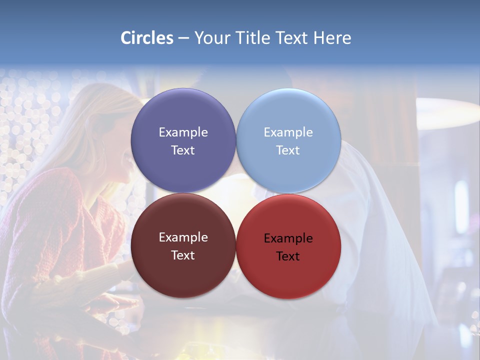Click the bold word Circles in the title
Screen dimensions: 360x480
(x=147, y=38)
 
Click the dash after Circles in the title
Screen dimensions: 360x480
(x=183, y=38)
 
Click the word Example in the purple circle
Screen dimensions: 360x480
(x=183, y=132)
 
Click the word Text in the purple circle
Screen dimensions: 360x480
(x=183, y=150)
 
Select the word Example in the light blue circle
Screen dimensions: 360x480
(x=288, y=132)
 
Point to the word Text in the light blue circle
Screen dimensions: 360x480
(x=288, y=150)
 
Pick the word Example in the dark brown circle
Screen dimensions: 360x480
(x=183, y=237)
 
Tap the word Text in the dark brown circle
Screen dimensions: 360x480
(x=183, y=255)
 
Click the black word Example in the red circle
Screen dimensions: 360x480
(x=288, y=238)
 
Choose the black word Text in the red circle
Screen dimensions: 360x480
(x=288, y=256)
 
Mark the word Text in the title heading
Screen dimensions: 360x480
(x=292, y=38)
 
